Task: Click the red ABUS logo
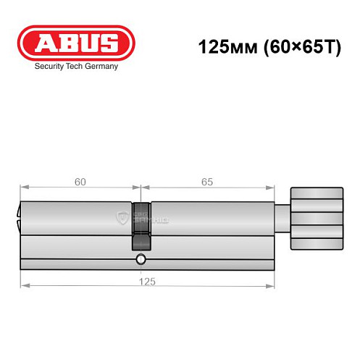[76, 42]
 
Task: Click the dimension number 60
[80, 182]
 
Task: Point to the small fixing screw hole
[140, 260]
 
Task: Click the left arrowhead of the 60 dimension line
[23, 190]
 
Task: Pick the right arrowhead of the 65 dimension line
[274, 190]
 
